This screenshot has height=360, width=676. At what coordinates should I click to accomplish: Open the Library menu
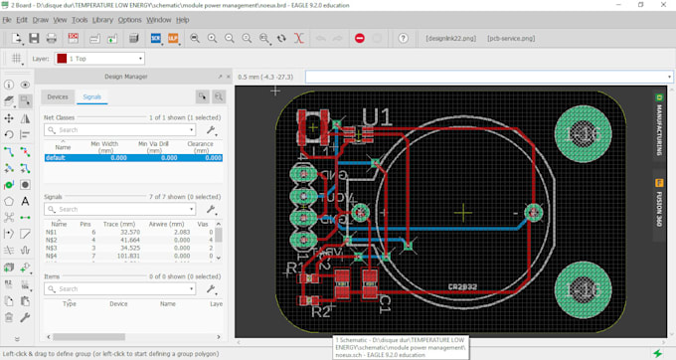[101, 19]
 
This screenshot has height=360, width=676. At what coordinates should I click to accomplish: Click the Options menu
[129, 19]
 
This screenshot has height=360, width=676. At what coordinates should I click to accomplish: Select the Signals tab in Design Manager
[91, 96]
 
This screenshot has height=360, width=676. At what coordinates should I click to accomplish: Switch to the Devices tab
[58, 96]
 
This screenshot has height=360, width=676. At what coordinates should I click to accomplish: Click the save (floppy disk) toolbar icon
[34, 38]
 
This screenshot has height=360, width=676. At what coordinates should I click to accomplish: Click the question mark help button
[403, 38]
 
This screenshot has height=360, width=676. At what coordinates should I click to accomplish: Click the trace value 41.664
[129, 240]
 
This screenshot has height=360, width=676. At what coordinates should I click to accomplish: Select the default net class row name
[55, 157]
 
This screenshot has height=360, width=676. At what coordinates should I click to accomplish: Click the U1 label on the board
[377, 117]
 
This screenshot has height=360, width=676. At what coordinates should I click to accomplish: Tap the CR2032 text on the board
[463, 286]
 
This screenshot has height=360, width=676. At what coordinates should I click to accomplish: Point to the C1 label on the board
[383, 298]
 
